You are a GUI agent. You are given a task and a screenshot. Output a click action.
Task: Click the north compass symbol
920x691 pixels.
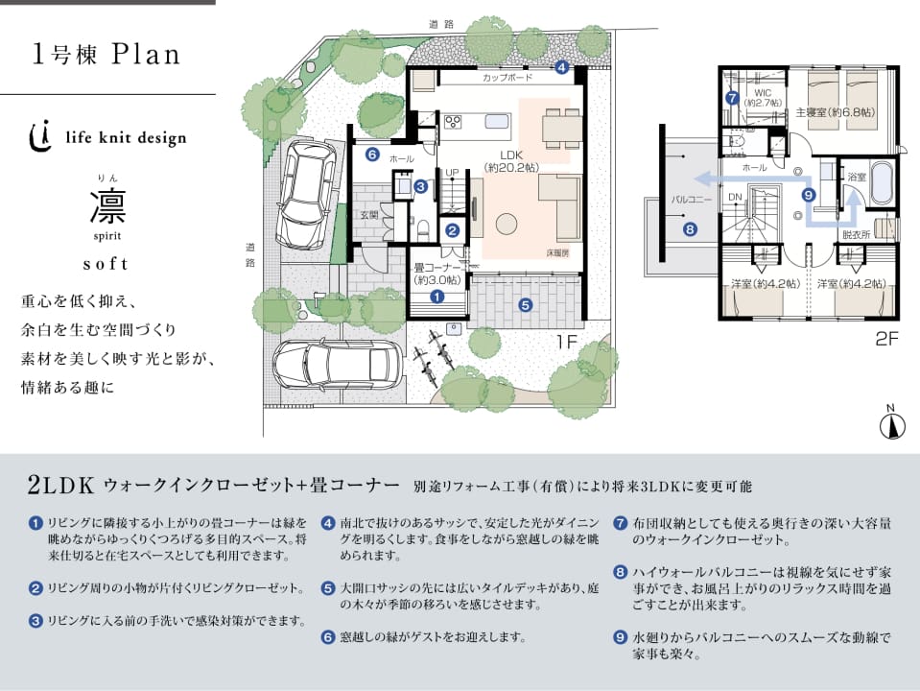891,423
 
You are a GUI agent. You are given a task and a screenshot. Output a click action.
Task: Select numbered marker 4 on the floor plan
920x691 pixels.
561,67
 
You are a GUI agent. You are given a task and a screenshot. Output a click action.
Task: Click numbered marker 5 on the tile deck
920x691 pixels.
525,305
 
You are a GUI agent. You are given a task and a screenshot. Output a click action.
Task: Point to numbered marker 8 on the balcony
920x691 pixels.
689,228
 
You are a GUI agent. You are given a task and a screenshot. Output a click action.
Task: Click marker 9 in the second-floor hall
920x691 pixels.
808,194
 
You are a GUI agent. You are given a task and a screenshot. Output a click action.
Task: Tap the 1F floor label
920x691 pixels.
566,339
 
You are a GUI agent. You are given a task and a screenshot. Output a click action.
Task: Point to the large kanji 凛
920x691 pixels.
106,205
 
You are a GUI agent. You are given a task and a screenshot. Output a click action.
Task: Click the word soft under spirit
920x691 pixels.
106,261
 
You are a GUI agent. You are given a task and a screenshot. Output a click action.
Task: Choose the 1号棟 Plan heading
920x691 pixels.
106,54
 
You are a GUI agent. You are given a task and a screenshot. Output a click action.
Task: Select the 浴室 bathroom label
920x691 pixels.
857,178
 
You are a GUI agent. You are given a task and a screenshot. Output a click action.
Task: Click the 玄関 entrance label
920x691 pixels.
369,216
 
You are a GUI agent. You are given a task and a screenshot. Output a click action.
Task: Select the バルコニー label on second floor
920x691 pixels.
689,200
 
